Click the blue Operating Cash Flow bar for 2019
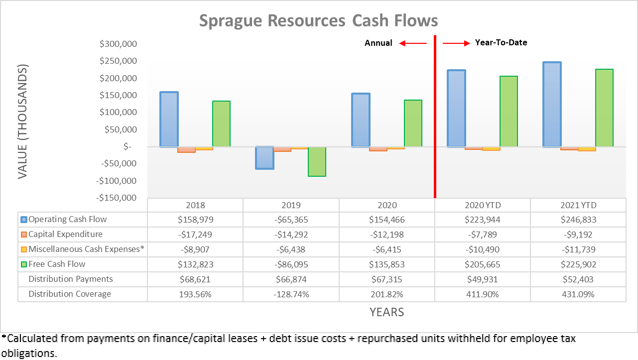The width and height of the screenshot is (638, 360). click(265, 158)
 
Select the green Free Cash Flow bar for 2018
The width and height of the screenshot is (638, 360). click(221, 123)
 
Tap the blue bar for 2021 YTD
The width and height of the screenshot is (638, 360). click(552, 105)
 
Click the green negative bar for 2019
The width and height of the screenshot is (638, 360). click(317, 161)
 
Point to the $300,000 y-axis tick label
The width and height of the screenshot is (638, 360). click(119, 44)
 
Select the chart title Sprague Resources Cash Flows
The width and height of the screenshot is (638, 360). click(319, 21)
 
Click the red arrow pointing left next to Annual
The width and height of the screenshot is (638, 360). click(413, 43)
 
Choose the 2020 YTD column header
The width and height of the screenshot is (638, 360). click(482, 205)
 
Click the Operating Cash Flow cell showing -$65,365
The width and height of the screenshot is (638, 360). click(291, 220)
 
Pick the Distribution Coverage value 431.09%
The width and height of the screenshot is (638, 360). click(578, 294)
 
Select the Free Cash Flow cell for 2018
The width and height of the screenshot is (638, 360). click(195, 264)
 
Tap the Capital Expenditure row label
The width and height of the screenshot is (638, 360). click(65, 235)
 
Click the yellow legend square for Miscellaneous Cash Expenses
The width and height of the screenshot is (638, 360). click(23, 249)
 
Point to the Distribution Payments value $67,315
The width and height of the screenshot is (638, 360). click(386, 279)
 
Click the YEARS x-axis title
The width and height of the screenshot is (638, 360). click(386, 312)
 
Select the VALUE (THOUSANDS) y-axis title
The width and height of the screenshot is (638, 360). click(23, 121)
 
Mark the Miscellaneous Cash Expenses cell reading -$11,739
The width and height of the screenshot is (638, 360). click(578, 249)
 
